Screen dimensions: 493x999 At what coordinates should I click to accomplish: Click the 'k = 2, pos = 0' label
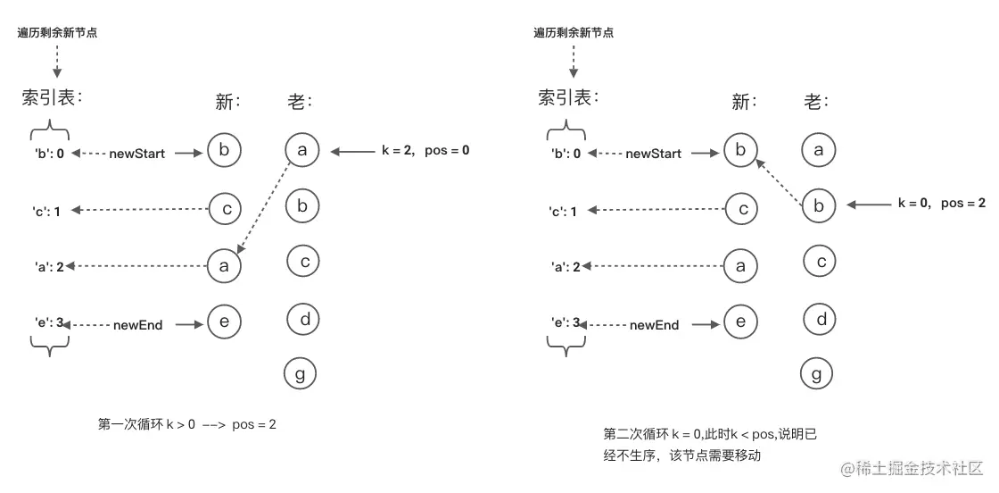(x=425, y=151)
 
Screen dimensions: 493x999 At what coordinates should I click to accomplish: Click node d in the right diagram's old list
(x=819, y=319)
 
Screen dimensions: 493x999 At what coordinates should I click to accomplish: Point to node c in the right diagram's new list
(x=740, y=209)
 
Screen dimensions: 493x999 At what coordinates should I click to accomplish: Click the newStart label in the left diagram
(x=137, y=154)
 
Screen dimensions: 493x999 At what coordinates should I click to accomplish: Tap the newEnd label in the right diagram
(x=654, y=325)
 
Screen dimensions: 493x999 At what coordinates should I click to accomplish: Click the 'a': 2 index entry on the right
(x=564, y=266)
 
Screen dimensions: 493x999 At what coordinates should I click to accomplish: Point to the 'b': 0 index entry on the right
(x=564, y=154)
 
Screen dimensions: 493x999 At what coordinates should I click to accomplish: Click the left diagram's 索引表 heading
(x=52, y=97)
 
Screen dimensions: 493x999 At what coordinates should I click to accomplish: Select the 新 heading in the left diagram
(x=228, y=102)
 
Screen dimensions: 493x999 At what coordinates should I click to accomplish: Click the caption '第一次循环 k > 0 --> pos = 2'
(x=186, y=424)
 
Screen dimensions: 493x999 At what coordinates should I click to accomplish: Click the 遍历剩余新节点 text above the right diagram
(x=574, y=32)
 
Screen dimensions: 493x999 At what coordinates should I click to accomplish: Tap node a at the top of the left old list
(x=302, y=151)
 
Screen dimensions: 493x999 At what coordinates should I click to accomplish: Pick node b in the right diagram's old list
(x=819, y=205)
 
